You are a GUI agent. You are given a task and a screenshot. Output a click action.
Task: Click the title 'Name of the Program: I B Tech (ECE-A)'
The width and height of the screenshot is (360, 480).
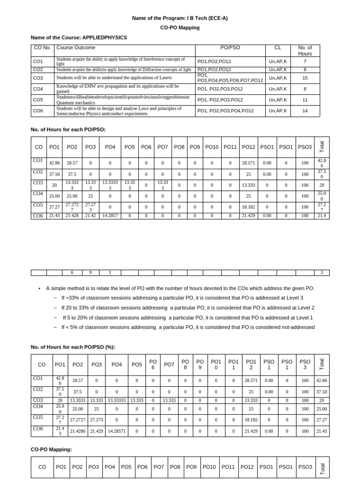pyautogui.click(x=180, y=18)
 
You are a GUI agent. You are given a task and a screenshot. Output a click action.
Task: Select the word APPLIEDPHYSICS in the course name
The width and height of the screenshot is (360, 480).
pyautogui.click(x=105, y=37)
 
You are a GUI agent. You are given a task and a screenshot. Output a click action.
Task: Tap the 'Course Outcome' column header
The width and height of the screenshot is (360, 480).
pyautogui.click(x=76, y=48)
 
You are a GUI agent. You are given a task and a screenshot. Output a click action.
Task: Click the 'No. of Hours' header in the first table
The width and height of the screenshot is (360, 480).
pyautogui.click(x=305, y=51)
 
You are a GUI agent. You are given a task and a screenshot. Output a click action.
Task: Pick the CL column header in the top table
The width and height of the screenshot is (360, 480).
pyautogui.click(x=277, y=48)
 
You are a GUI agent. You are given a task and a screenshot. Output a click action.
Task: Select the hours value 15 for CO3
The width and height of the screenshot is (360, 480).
pyautogui.click(x=305, y=78)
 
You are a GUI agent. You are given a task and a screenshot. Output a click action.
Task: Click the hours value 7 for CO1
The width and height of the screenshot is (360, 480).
pyautogui.click(x=305, y=61)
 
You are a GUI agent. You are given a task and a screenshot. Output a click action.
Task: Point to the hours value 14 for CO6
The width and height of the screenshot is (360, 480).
pyautogui.click(x=305, y=111)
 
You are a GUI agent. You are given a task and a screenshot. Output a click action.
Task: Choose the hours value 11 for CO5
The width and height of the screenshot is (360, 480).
pyautogui.click(x=305, y=100)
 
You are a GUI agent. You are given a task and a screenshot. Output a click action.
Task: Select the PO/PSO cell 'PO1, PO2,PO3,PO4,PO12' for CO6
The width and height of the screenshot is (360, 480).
pyautogui.click(x=225, y=111)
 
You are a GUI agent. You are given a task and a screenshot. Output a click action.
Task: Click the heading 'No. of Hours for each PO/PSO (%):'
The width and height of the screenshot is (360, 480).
pyautogui.click(x=73, y=347)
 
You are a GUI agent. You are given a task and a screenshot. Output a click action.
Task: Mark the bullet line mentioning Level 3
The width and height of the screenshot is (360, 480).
pyautogui.click(x=182, y=298)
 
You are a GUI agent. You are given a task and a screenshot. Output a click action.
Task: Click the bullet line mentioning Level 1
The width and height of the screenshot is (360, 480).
pyautogui.click(x=187, y=317)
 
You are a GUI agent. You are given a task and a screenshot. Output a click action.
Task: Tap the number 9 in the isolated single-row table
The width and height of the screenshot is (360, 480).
pyautogui.click(x=90, y=272)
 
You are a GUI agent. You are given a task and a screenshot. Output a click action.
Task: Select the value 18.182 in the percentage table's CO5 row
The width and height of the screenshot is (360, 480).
pyautogui.click(x=251, y=417)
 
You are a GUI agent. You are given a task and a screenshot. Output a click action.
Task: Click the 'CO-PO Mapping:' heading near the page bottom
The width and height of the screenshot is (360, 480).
pyautogui.click(x=51, y=449)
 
